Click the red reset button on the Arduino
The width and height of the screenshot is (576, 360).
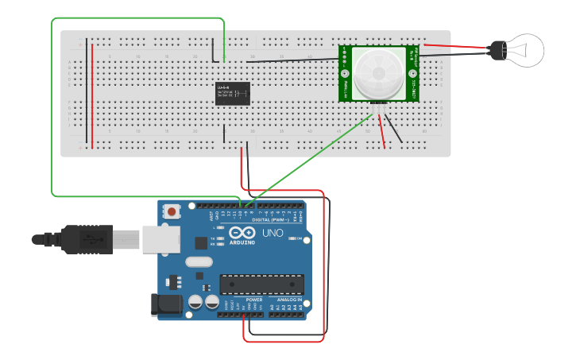[x=171, y=212]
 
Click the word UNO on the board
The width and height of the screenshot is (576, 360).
[x=273, y=233]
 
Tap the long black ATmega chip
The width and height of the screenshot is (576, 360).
[x=261, y=284]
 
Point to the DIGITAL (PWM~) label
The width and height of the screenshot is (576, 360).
[x=267, y=220]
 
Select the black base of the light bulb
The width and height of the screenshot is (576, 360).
[x=496, y=51]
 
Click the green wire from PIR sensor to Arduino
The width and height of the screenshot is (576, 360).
[x=310, y=159]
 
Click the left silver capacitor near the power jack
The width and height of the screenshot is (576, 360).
[x=195, y=302]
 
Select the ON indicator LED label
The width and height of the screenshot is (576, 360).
[x=300, y=238]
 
